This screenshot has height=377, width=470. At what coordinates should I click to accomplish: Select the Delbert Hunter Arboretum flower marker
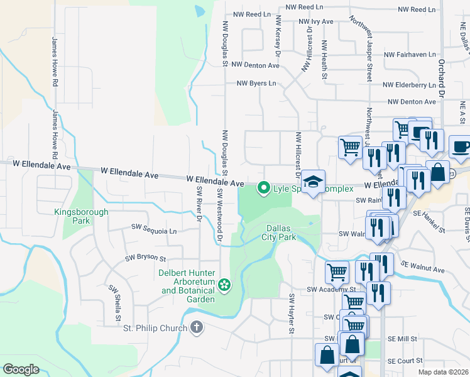[x=224, y=286]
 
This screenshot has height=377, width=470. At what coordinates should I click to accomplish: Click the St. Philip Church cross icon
[x=197, y=327]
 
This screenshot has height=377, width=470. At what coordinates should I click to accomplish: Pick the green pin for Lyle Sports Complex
[x=265, y=187]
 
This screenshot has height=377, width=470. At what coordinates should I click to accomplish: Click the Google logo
[x=21, y=369]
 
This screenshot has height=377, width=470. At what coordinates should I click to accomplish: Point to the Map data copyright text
[x=444, y=372]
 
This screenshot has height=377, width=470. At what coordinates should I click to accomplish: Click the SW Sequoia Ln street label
[x=154, y=231]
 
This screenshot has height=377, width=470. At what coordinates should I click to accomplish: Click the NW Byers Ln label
[x=256, y=83]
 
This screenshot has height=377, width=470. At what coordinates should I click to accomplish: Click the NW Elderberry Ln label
[x=409, y=85]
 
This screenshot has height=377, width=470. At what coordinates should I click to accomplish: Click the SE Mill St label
[x=403, y=339]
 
